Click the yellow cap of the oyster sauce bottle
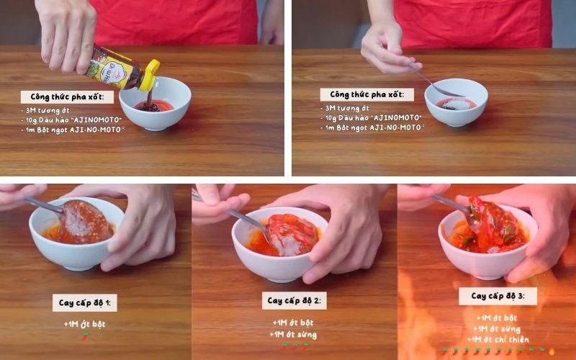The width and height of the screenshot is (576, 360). (150, 76)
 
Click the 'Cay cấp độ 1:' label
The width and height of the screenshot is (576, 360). (85, 303)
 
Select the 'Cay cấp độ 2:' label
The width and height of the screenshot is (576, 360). (294, 301)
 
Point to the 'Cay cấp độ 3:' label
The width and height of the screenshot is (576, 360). (498, 296)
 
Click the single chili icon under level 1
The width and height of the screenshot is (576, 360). (85, 335)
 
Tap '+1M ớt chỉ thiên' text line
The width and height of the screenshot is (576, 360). (498, 339)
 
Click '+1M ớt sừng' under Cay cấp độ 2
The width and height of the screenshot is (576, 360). (293, 335)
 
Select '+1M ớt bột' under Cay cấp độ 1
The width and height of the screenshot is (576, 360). (84, 325)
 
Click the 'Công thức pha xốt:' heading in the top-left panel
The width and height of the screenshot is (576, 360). (67, 97)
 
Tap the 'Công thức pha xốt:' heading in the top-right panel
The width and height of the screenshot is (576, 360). (367, 95)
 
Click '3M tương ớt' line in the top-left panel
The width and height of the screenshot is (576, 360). (45, 110)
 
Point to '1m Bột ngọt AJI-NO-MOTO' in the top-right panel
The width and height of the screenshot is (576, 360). (373, 127)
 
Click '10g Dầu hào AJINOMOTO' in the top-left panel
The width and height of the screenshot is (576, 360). (71, 120)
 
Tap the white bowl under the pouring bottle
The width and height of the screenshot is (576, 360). (155, 104)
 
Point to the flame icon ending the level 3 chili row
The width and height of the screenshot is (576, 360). (551, 351)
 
